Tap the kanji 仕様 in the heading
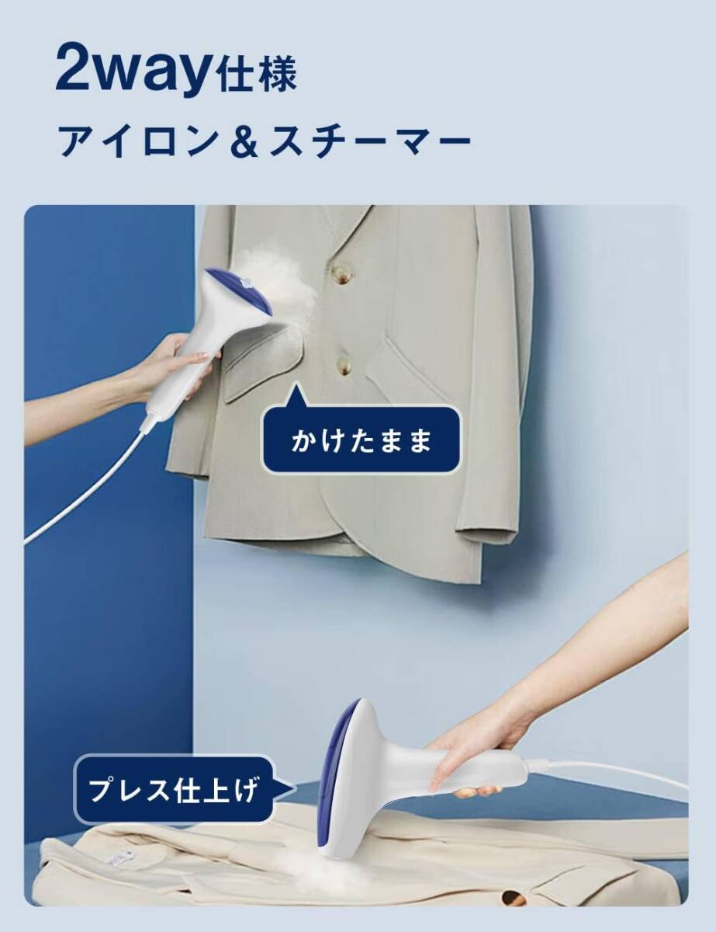pyautogui.click(x=257, y=77)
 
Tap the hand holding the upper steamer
pyautogui.click(x=180, y=362)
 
